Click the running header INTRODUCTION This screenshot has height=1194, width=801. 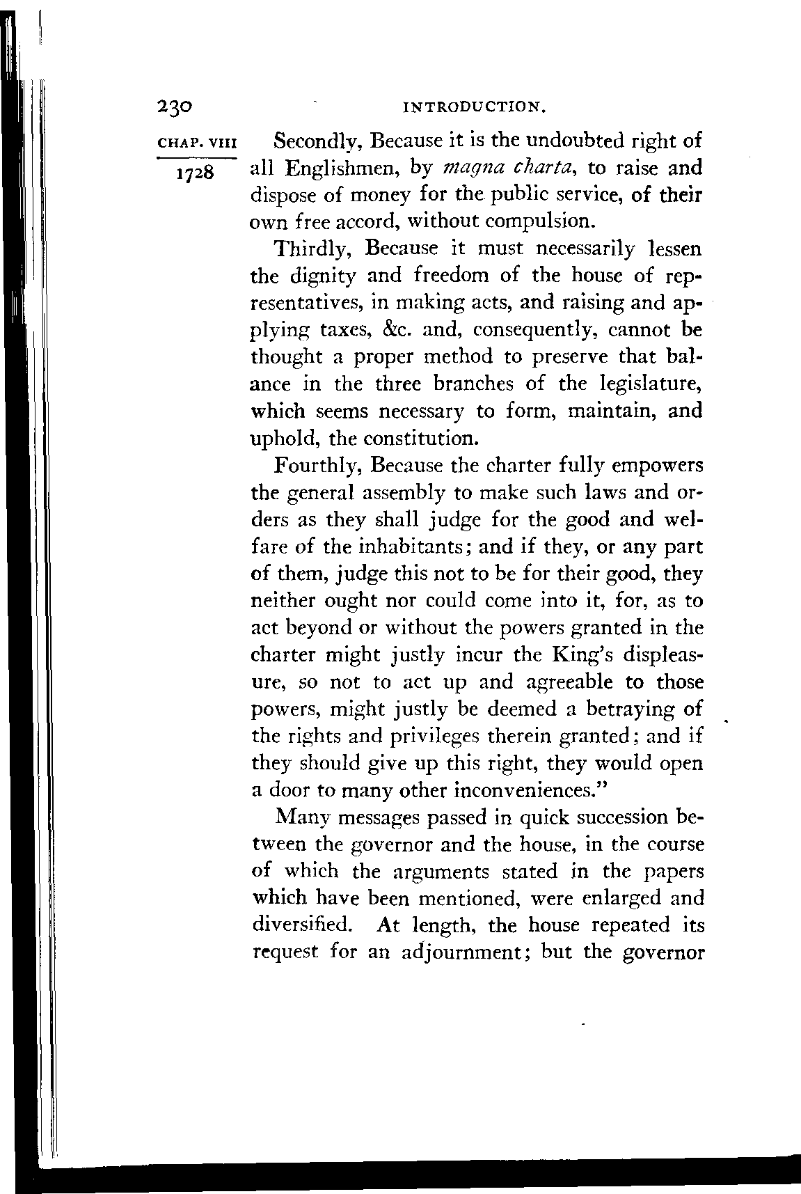(x=473, y=108)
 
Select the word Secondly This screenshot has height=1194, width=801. (x=317, y=142)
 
